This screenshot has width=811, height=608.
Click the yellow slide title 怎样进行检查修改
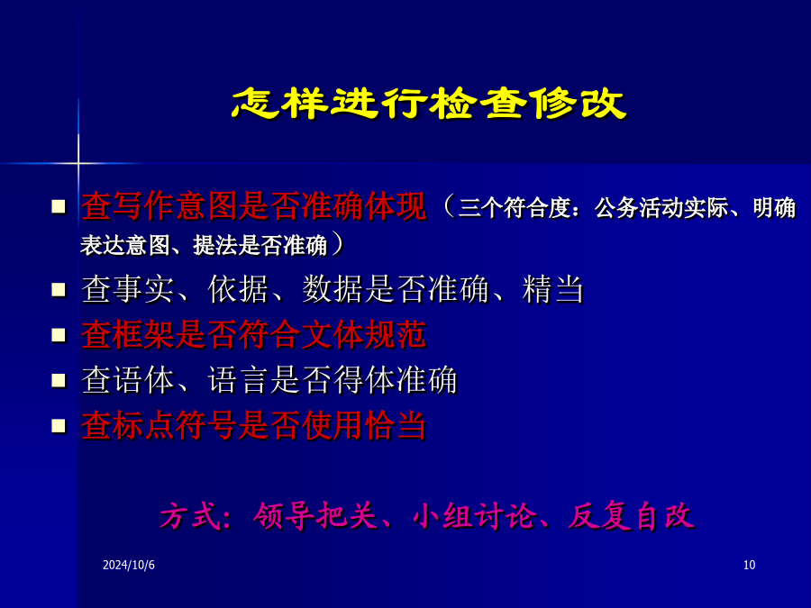coord(428,104)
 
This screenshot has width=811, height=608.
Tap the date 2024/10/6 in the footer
coord(129,565)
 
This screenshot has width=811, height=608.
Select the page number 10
coord(749,565)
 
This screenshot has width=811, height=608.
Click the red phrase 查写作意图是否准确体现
coord(253,206)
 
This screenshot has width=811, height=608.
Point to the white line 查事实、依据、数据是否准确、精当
coord(333,289)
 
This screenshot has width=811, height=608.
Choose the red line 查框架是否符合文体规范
coord(253,335)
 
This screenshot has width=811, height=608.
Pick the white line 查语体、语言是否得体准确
coord(269,380)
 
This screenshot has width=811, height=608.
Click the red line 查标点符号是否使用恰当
coord(253,426)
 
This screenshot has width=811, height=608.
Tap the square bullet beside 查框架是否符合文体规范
coord(59,336)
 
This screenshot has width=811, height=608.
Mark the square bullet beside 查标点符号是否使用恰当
coord(59,427)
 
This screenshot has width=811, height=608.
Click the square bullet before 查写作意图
coord(59,207)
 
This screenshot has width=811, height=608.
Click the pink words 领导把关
coord(315,516)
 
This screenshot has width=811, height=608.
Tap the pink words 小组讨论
coord(476,516)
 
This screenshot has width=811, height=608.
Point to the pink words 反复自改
coord(631,516)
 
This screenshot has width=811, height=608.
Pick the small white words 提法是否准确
coord(260,245)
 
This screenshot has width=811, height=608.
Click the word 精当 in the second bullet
coord(553,289)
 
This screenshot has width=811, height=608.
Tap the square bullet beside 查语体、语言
coord(59,381)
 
